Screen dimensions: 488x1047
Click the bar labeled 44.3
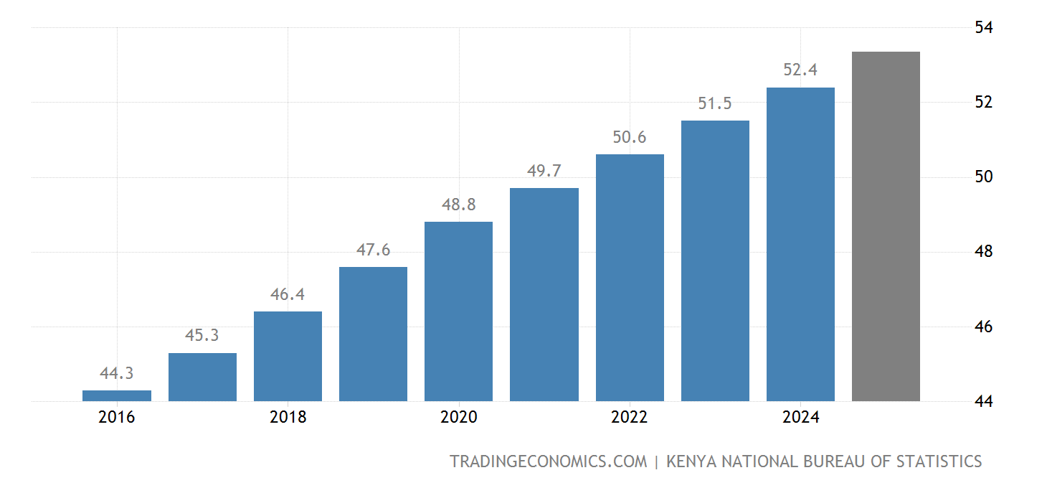(117, 395)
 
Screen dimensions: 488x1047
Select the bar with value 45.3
(202, 377)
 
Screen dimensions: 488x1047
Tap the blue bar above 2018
(288, 356)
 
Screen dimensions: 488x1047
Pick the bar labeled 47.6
(373, 334)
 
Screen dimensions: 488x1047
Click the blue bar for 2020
(458, 311)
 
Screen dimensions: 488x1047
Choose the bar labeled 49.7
(544, 294)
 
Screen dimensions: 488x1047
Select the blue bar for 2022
(630, 278)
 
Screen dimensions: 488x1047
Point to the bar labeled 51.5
(715, 261)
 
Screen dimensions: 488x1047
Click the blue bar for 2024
(800, 244)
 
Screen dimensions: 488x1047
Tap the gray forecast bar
(886, 226)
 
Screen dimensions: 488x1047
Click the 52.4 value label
(800, 70)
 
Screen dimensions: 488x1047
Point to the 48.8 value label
(458, 205)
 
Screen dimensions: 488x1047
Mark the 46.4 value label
(288, 294)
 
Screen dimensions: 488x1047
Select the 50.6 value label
(630, 137)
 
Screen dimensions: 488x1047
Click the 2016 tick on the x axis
(117, 417)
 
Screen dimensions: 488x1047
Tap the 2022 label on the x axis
(630, 417)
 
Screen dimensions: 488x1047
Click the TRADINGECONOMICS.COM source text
(548, 461)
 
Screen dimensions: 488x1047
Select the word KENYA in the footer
(691, 461)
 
